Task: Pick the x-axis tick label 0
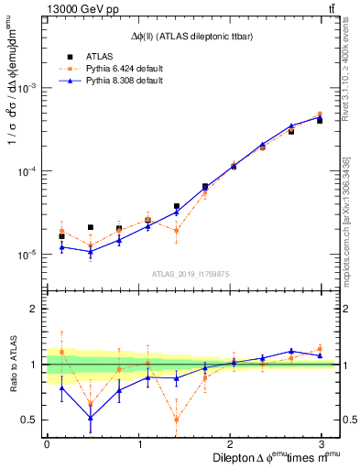47,443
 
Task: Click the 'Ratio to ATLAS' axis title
12,364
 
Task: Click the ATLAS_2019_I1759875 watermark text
190,272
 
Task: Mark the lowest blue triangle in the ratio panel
90,418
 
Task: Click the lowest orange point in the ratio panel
176,420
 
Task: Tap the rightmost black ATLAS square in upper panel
320,120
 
